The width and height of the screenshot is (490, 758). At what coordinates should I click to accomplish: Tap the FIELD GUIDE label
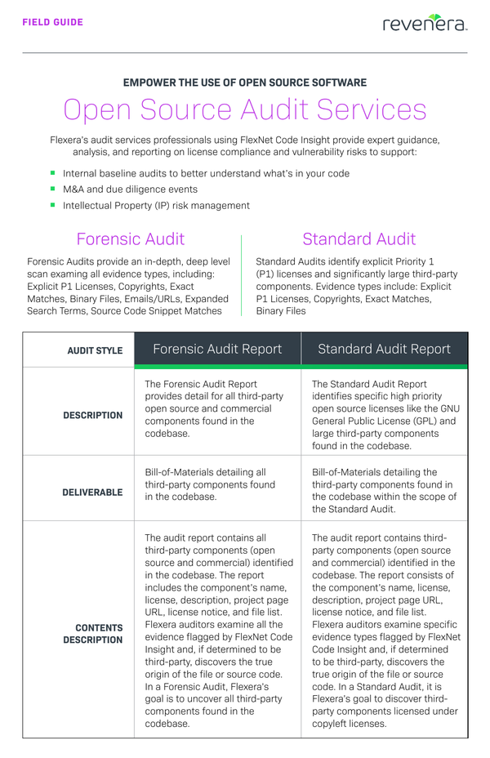(53, 23)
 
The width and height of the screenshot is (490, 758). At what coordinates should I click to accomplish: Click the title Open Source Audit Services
(245, 110)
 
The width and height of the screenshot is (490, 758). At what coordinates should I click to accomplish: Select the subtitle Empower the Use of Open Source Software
(245, 82)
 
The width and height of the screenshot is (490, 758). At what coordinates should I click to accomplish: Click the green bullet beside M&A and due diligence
(53, 189)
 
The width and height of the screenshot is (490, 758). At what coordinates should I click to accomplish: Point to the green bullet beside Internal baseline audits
(53, 173)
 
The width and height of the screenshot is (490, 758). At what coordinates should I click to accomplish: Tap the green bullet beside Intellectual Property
(53, 205)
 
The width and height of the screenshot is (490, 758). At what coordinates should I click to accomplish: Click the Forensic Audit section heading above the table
(131, 239)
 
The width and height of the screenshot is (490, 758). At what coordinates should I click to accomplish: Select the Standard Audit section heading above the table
(359, 239)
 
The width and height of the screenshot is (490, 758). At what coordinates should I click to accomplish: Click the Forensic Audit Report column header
(217, 349)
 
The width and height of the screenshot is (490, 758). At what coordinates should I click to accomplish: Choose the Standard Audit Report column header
(384, 349)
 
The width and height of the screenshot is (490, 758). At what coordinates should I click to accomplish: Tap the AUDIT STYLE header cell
(95, 350)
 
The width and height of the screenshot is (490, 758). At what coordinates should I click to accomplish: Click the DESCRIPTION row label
(93, 415)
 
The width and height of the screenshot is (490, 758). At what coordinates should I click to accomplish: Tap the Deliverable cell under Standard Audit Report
(384, 490)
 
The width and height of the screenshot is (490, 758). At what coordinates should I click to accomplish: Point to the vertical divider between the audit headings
(242, 275)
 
